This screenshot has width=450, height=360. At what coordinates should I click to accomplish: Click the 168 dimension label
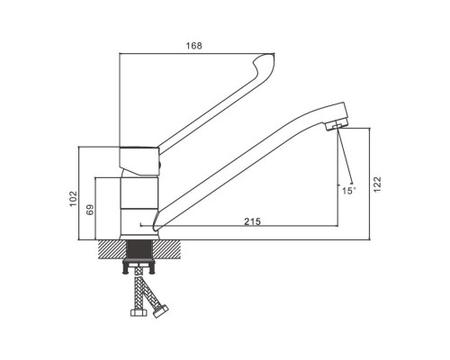tap(194, 46)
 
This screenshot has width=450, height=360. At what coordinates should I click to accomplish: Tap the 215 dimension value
tap(252, 221)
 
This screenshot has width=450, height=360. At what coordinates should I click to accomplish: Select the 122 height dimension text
tap(377, 184)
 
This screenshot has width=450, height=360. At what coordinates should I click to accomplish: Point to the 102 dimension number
tap(73, 199)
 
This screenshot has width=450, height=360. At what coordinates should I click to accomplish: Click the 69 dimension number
tap(90, 210)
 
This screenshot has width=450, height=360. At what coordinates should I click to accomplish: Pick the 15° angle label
tap(348, 191)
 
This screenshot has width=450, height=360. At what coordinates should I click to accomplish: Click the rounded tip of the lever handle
tap(265, 65)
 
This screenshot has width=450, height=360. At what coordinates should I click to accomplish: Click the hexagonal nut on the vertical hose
tap(139, 312)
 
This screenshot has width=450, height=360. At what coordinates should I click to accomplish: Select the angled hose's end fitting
tap(160, 310)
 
